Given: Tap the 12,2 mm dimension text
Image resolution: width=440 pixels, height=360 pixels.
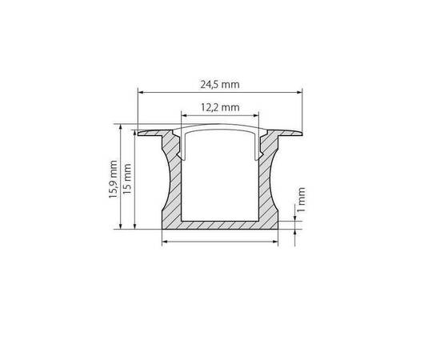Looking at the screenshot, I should click(221, 106).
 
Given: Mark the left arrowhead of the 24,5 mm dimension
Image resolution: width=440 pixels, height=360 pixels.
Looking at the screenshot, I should click(142, 93).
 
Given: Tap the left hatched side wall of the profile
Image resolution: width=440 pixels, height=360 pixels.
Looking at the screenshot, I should click(173, 184).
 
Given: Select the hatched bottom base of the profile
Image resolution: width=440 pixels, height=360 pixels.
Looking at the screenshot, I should click(221, 226).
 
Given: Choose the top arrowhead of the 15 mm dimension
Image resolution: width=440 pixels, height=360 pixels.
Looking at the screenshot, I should click(135, 132).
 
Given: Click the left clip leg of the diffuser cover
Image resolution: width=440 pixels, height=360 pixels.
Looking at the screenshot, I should click(185, 144).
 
